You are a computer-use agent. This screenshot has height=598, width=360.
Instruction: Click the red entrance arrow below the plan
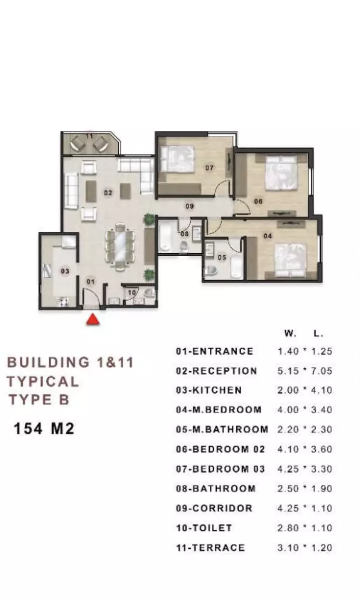pyautogui.click(x=92, y=319)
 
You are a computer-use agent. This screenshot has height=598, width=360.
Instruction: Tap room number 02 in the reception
pyautogui.click(x=108, y=193)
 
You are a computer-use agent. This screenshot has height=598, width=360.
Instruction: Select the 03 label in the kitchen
pyautogui.click(x=65, y=271)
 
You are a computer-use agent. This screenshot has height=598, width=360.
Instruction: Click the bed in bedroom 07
pyautogui.click(x=177, y=159)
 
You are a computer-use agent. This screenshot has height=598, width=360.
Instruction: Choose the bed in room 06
pyautogui.click(x=281, y=173)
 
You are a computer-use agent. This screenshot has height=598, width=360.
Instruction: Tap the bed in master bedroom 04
pyautogui.click(x=290, y=261)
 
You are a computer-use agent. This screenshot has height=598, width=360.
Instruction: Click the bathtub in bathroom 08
pyautogui.click(x=165, y=237)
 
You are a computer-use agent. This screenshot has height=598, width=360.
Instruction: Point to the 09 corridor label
pyautogui.click(x=189, y=206)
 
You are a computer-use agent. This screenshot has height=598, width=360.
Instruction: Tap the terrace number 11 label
pyautogui.click(x=90, y=136)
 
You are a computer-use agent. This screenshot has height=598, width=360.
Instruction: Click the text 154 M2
pyautogui.click(x=44, y=429)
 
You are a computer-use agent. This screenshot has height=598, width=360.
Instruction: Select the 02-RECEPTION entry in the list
pyautogui.click(x=216, y=371)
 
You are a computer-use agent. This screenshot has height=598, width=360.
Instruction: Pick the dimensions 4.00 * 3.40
pyautogui.click(x=305, y=410)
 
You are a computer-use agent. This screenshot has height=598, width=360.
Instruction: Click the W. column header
pyautogui.click(x=290, y=333)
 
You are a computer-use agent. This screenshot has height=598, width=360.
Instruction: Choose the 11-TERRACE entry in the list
pyautogui.click(x=210, y=548)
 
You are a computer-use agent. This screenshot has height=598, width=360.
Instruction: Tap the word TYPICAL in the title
pyautogui.click(x=43, y=382)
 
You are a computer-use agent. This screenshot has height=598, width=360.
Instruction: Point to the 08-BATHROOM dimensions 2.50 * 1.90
pyautogui.click(x=305, y=489)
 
